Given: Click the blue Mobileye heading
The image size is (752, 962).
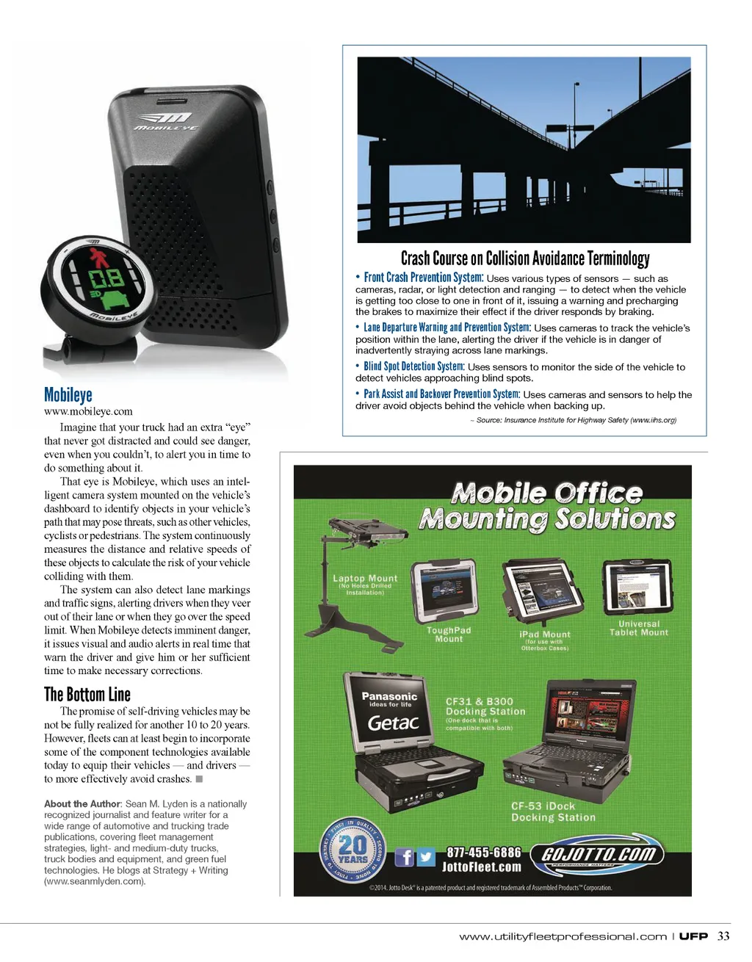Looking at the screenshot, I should [x=68, y=395].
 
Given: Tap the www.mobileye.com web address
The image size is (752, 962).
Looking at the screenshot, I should [x=88, y=411].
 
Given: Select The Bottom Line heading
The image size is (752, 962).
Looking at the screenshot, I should [x=87, y=694].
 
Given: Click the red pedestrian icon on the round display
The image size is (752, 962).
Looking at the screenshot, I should [x=98, y=258].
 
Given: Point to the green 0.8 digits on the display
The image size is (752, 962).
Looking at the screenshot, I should [x=106, y=279].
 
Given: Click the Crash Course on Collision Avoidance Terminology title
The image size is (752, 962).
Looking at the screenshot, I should [x=525, y=258].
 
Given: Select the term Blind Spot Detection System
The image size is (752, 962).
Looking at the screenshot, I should [x=414, y=366].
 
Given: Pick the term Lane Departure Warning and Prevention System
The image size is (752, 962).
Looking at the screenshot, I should [x=446, y=328].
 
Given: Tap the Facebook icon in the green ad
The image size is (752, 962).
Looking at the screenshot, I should [x=405, y=857].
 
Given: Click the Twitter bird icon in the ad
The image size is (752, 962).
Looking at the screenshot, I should [x=426, y=857].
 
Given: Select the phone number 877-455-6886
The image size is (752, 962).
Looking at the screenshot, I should [x=484, y=853].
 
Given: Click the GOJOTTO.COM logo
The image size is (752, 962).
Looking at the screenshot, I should [x=599, y=855].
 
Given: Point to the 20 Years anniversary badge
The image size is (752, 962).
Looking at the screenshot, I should [x=352, y=851].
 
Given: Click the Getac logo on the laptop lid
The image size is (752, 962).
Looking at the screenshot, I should [x=393, y=723].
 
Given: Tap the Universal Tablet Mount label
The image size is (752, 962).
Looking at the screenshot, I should [x=639, y=628].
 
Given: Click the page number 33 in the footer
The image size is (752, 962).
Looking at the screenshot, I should [x=723, y=936].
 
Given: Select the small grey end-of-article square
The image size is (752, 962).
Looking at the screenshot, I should [x=199, y=778].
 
